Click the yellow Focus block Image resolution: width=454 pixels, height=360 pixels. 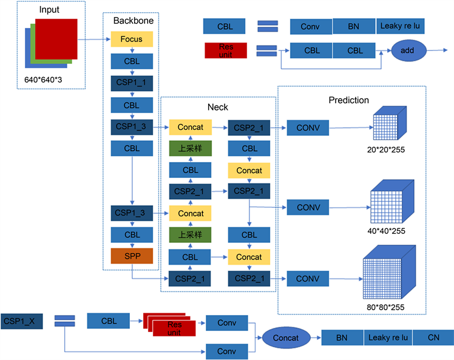tap(131, 39)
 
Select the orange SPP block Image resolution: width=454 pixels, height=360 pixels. tap(131, 256)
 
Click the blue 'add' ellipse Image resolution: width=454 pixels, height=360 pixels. tap(407, 50)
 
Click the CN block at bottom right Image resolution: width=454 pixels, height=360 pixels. tap(433, 338)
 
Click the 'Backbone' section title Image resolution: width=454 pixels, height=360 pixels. tap(133, 21)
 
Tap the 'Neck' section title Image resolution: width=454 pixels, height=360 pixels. tap(218, 107)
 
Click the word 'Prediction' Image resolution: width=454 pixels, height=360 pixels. tap(348, 100)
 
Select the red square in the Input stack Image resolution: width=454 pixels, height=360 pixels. tap(56, 38)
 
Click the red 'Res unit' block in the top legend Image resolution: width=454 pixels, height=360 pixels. tap(226, 50)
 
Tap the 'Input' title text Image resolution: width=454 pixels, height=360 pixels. tap(49, 10)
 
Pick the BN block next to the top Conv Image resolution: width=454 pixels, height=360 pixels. tap(354, 26)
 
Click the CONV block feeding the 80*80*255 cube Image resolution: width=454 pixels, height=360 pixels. tap(308, 279)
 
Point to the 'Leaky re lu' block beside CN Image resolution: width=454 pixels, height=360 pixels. tap(388, 338)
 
